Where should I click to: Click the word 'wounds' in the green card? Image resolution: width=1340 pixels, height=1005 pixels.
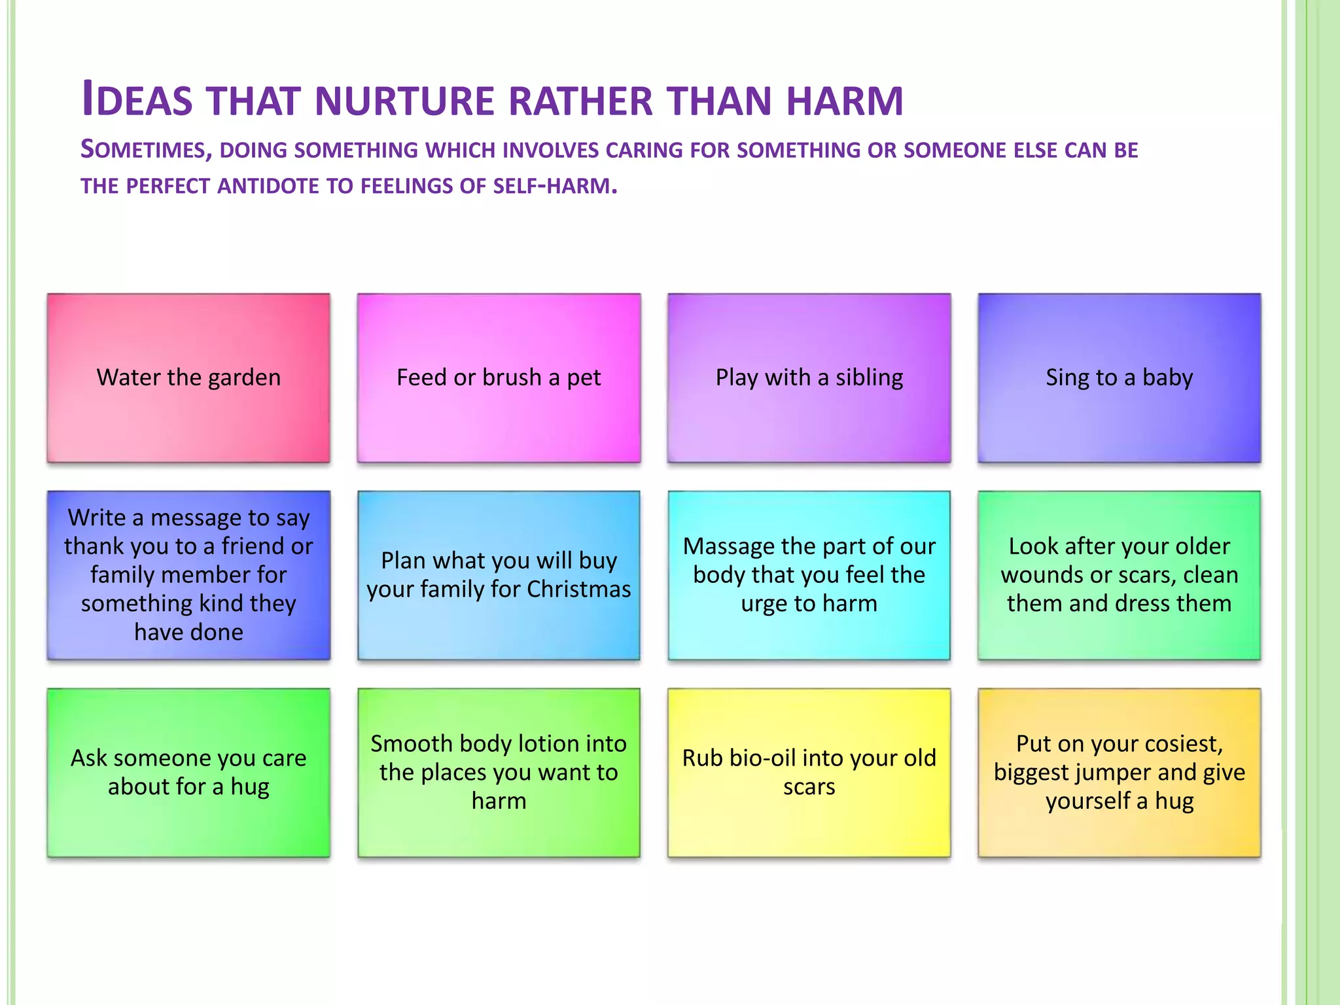click(x=1041, y=575)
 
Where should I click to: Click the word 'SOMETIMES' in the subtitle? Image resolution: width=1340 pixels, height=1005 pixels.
click(x=146, y=150)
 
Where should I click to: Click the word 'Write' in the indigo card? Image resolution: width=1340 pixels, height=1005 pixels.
click(x=97, y=518)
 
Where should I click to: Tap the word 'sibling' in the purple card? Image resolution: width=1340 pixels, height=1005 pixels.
click(x=869, y=378)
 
